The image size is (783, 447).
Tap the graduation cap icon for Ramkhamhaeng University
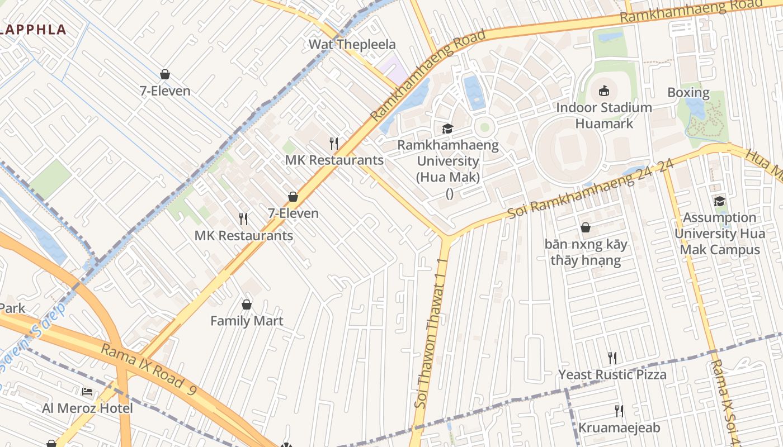coord(447,129)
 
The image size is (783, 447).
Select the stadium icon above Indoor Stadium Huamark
coord(604,91)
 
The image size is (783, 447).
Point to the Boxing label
coord(688,93)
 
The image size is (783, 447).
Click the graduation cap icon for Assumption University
coord(719,201)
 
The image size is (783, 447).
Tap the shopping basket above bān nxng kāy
coord(586,227)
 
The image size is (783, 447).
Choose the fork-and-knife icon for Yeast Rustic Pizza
coord(612,358)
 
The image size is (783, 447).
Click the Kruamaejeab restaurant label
coord(619,428)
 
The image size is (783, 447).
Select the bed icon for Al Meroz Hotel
coord(87,391)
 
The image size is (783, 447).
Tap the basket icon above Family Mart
coord(247,305)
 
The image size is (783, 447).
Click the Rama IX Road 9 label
coord(148,370)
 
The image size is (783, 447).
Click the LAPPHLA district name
coord(34,30)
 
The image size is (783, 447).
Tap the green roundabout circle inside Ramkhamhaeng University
coord(484,127)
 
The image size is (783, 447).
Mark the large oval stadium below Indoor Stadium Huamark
coord(569,150)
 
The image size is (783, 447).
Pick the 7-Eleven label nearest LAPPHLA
coord(165,91)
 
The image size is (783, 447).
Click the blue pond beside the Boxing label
coord(696,109)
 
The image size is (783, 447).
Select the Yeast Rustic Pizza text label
coord(612,374)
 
